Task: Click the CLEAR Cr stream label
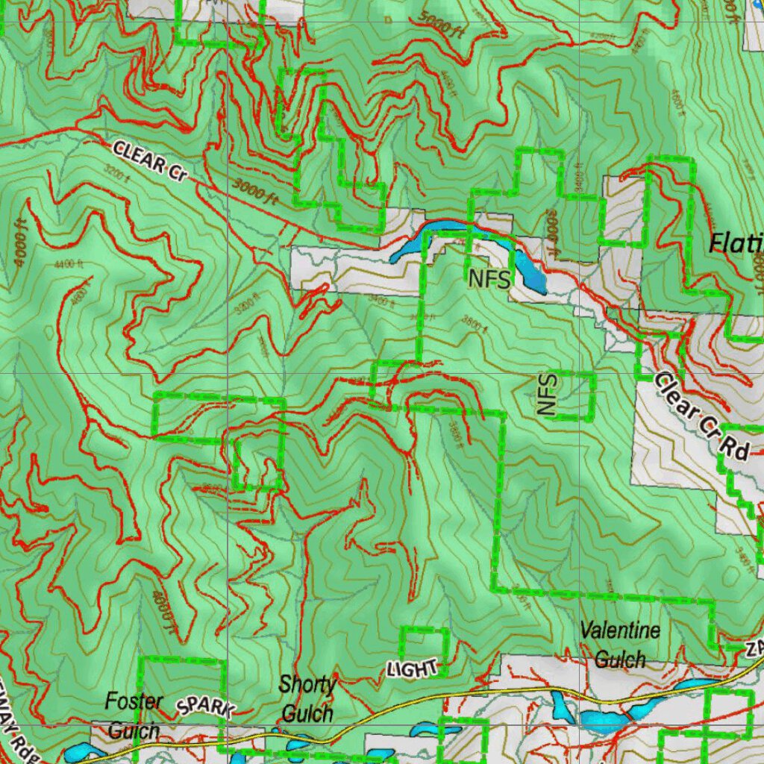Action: pos(149,160)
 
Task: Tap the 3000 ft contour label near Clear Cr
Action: pos(254,193)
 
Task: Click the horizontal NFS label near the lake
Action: pos(490,280)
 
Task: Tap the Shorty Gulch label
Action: pos(307,699)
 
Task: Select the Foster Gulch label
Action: pos(134,715)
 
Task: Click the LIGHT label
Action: pos(412,668)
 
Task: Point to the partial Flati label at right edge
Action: pos(736,242)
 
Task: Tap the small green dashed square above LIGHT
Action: pos(425,643)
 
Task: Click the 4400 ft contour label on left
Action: pos(69,263)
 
